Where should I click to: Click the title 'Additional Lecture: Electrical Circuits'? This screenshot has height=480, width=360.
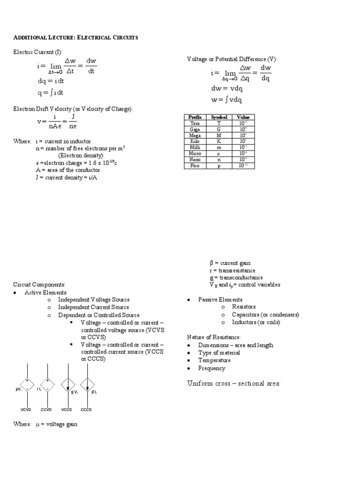pos(75,37)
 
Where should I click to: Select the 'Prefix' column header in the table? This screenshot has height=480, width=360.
pos(194,117)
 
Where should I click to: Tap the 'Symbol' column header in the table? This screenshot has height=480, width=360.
pos(218,117)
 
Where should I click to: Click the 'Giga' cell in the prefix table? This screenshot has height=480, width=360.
pos(194,129)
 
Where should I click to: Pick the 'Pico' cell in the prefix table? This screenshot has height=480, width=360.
pos(194,165)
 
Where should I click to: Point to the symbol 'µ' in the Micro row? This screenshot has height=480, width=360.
pos(218,153)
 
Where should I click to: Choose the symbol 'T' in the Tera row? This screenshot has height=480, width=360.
pos(218,123)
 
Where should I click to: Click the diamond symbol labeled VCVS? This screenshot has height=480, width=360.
pos(27,385)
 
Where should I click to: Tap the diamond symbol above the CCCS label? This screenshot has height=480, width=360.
pos(87,385)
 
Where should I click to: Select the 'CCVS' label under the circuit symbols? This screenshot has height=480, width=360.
pos(46,410)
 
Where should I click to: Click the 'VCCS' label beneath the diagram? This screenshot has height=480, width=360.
pos(67,410)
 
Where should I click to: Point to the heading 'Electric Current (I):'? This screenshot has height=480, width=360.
pos(37,52)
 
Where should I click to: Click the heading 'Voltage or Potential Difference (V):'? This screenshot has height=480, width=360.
pos(232,59)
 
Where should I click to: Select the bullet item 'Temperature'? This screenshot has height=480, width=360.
pos(214,360)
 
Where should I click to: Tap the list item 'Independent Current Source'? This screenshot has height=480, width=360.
pos(94,307)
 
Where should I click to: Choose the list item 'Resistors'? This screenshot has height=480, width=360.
pos(244,307)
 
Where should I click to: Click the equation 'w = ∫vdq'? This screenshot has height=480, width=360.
pos(226,99)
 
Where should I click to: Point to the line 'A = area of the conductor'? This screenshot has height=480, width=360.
pos(68,170)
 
